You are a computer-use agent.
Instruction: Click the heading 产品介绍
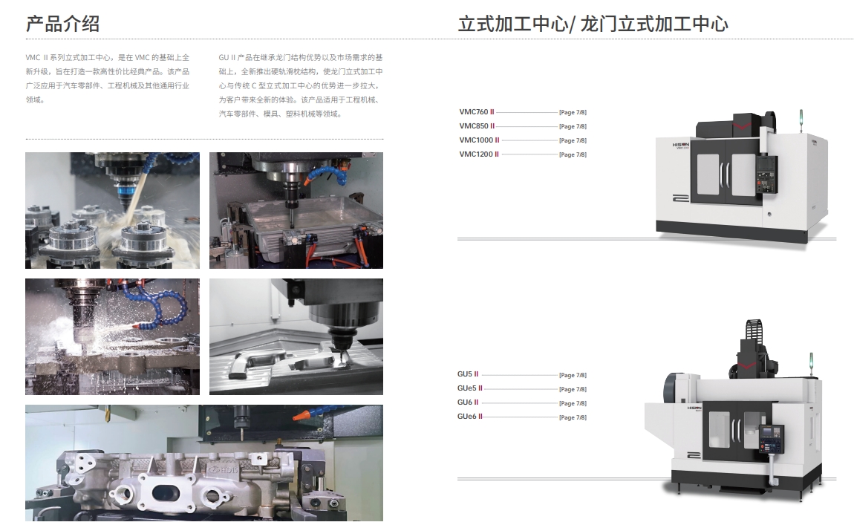click(x=62, y=24)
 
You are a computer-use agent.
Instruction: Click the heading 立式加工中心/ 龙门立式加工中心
click(x=593, y=24)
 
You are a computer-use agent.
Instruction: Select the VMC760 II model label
click(x=477, y=112)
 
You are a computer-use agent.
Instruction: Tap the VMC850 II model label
click(x=477, y=126)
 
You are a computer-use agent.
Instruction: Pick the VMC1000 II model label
click(x=479, y=140)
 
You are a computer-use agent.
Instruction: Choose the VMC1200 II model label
click(x=479, y=154)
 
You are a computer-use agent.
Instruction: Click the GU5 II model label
click(x=468, y=375)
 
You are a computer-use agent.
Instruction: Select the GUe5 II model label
click(x=470, y=389)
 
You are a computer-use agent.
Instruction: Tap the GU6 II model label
click(x=468, y=403)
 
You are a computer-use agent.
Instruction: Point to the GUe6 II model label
click(x=470, y=417)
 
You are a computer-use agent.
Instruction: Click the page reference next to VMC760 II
click(x=573, y=113)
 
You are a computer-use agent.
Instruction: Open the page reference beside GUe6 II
click(x=573, y=418)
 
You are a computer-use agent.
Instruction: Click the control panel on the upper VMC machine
click(x=766, y=175)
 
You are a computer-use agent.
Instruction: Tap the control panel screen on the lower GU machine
click(x=769, y=432)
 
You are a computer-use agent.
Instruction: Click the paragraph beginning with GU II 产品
click(x=301, y=86)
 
